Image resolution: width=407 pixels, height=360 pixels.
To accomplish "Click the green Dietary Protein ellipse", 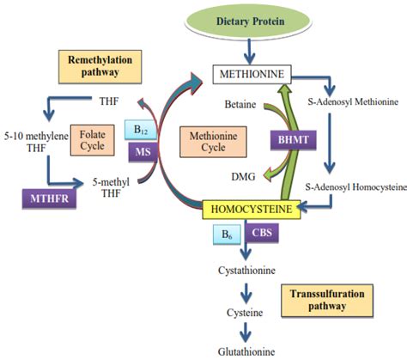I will [x=250, y=20].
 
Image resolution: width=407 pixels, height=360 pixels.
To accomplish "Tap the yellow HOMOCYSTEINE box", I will [x=250, y=209].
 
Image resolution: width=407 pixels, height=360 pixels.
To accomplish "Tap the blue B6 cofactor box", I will [x=224, y=232].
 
